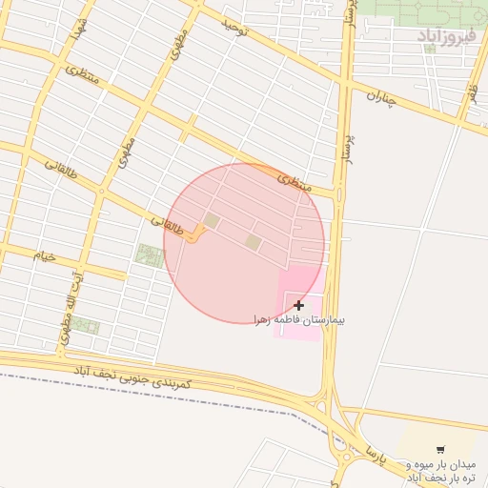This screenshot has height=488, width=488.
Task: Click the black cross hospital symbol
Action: coord(299,305)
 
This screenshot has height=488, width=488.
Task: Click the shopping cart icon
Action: coord(440,450)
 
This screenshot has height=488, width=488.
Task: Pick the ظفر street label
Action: coord(471,95)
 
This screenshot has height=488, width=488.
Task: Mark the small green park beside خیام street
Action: coord(149,254)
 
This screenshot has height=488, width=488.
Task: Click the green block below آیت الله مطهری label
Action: coord(85,326)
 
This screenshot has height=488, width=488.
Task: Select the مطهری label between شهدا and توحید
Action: coord(176,43)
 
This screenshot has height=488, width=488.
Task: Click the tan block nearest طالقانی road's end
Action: coord(212,221)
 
